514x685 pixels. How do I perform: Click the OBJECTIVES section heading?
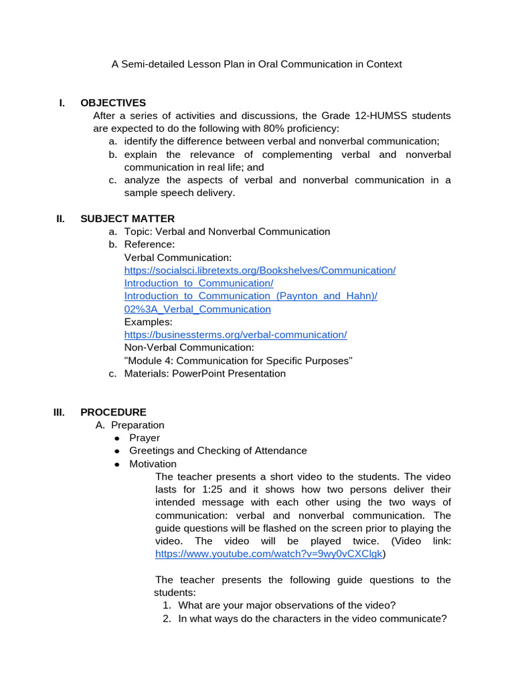(112, 103)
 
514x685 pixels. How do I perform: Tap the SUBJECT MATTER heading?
(127, 219)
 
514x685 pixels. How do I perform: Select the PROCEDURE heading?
(113, 412)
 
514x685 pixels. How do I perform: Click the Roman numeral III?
(60, 412)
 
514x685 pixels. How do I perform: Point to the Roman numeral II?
(60, 219)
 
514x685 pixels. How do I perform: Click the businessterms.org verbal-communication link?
(236, 334)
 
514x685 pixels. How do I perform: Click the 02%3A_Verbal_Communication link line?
(197, 309)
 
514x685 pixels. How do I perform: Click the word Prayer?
(145, 438)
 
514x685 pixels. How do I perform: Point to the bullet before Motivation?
(116, 464)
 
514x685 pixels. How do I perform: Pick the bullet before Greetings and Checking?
(116, 452)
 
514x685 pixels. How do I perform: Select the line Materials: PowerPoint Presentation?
(205, 373)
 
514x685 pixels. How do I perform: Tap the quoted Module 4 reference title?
(238, 361)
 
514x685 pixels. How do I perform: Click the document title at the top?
(256, 64)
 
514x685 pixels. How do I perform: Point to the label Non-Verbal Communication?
(189, 348)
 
